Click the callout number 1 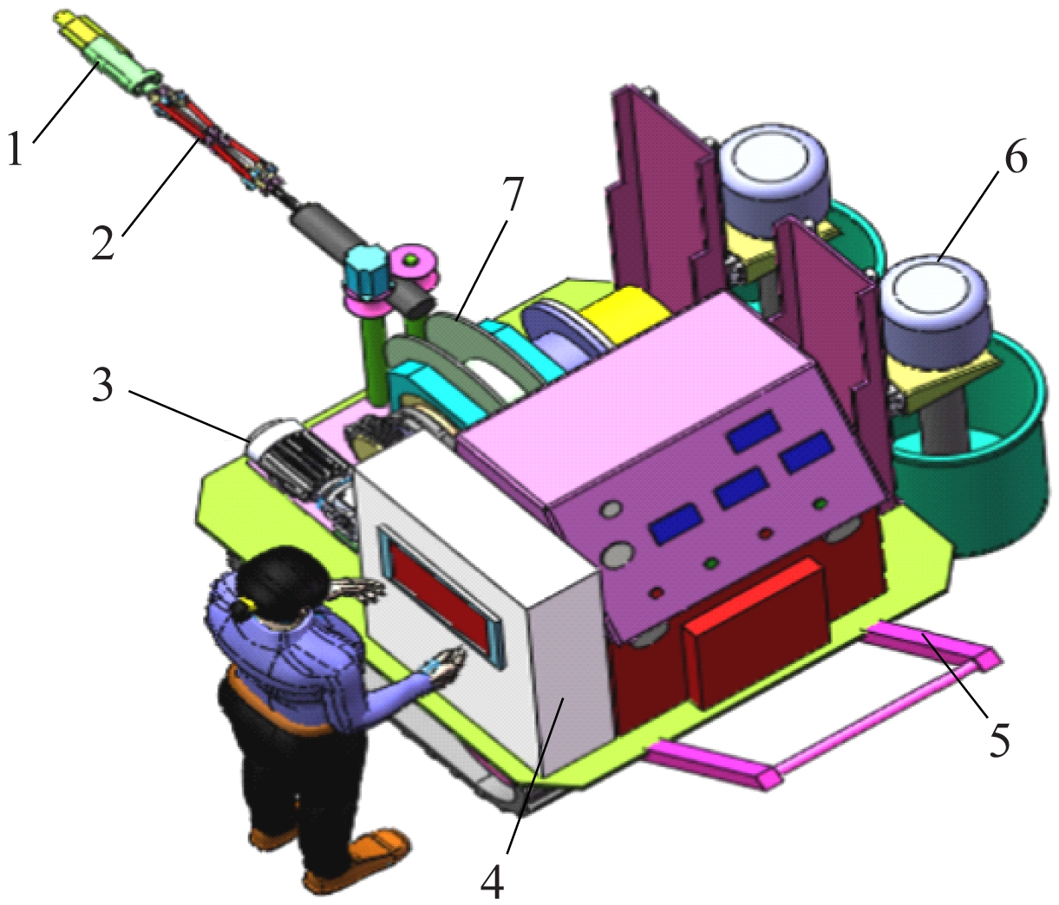16,147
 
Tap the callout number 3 102,384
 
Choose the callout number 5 998,739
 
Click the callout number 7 509,196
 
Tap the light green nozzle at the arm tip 122,67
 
